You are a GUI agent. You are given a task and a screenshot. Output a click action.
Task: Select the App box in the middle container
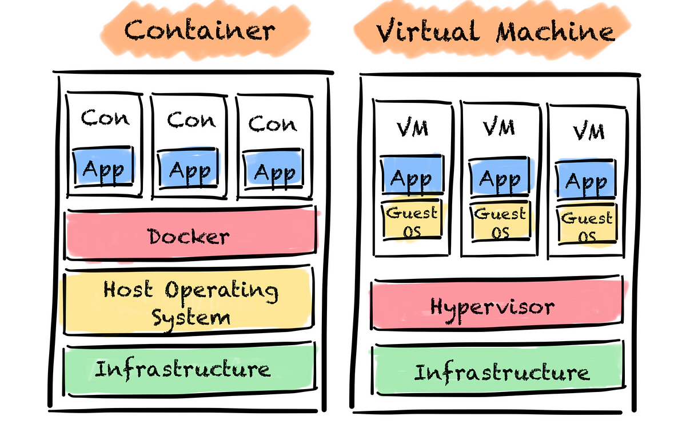[190, 169]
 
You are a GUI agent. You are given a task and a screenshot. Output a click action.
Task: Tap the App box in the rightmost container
[274, 170]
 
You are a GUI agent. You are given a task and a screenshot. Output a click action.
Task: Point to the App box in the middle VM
[500, 178]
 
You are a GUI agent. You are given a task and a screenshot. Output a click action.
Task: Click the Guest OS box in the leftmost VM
[411, 221]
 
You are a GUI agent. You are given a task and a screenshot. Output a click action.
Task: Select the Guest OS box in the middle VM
[500, 222]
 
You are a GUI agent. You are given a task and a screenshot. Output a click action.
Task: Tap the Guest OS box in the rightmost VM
[587, 226]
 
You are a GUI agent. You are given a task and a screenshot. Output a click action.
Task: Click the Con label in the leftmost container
[105, 118]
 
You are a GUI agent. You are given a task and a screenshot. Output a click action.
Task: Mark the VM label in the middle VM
[499, 127]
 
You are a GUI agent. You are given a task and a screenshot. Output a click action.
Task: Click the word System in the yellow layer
[190, 317]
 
